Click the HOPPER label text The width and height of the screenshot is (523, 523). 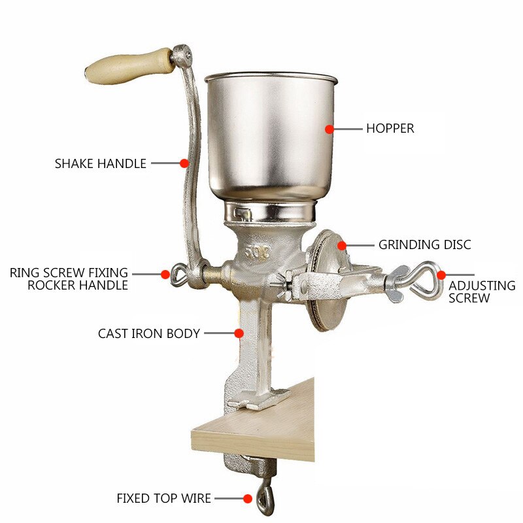(x=390, y=128)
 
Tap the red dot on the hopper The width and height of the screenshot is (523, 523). (x=329, y=129)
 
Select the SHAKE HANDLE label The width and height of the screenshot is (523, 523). (x=101, y=163)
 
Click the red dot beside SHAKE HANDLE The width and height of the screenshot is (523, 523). (x=184, y=163)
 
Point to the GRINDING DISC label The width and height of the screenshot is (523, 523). (x=424, y=245)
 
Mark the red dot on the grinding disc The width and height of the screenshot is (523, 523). (x=341, y=246)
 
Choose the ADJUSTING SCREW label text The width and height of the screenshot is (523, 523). (x=482, y=292)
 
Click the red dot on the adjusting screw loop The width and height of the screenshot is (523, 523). (x=441, y=275)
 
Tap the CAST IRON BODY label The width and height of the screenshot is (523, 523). (x=149, y=333)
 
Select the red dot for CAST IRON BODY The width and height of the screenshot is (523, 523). (x=239, y=333)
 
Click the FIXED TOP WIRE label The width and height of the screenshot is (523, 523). (x=164, y=498)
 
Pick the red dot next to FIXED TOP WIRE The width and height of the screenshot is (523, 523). (x=248, y=499)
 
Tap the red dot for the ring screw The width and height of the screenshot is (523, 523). (x=165, y=274)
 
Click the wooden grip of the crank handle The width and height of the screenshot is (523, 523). (x=129, y=67)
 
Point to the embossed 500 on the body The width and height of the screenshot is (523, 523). (x=257, y=254)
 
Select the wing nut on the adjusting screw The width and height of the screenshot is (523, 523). (x=396, y=284)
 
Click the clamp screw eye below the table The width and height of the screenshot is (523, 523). (x=265, y=498)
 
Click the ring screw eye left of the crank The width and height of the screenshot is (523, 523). (x=178, y=274)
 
